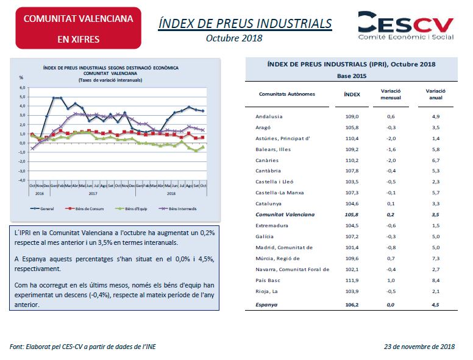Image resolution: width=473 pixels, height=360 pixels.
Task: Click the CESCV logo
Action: [x=406, y=26]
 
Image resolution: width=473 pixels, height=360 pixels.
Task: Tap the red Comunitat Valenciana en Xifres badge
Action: [x=79, y=28]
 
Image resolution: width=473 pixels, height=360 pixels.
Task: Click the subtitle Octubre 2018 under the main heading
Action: [x=234, y=38]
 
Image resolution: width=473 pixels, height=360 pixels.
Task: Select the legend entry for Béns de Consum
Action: [x=85, y=209]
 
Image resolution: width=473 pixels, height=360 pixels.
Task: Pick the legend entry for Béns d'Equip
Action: [x=131, y=209]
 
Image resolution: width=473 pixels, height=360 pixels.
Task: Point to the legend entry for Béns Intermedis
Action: [x=177, y=209]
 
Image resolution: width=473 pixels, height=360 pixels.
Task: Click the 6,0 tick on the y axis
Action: [x=23, y=88]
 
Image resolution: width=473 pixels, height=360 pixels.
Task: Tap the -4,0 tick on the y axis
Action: [x=22, y=180]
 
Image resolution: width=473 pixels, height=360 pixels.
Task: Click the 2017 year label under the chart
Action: [x=93, y=194]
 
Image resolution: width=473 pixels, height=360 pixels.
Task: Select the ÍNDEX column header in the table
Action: [x=352, y=94]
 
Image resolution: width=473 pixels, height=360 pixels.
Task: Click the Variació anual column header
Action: [x=436, y=94]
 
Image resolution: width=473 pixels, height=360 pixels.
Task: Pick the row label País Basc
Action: [x=268, y=280]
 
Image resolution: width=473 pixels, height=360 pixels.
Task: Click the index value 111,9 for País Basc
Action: [x=352, y=280]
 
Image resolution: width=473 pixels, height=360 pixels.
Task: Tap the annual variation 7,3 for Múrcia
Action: [x=436, y=258]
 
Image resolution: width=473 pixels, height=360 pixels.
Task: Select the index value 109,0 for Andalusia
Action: [x=352, y=116]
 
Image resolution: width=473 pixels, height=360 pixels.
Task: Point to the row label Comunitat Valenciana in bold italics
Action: [x=285, y=214]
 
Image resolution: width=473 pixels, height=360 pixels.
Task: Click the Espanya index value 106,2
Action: [x=352, y=305]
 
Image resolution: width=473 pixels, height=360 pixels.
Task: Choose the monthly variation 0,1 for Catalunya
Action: [x=391, y=203]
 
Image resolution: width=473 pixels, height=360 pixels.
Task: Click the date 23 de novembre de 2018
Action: [x=419, y=347]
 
